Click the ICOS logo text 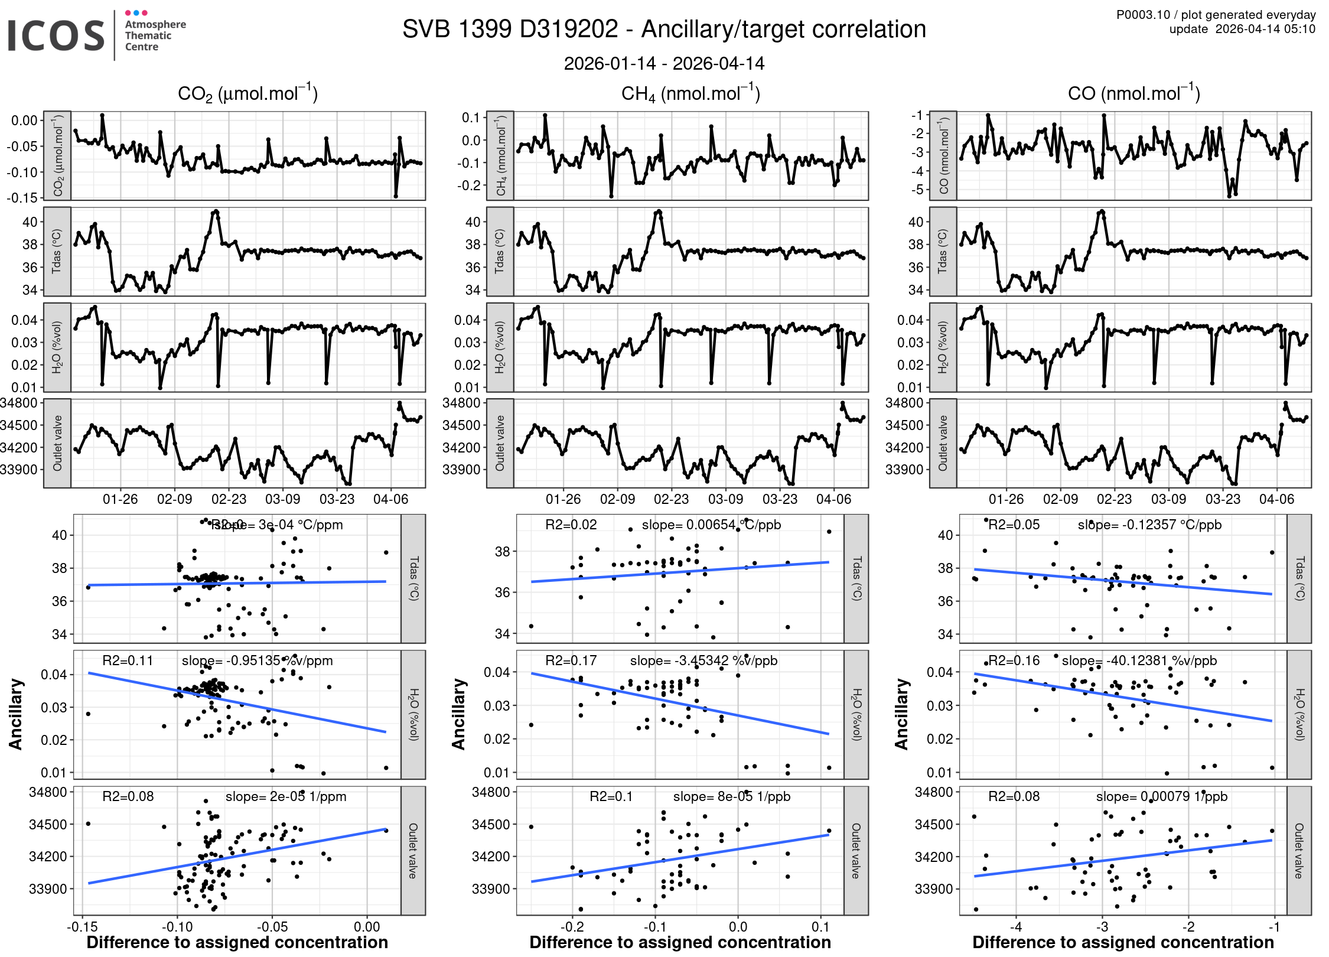click(x=56, y=35)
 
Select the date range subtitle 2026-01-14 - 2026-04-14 click(x=664, y=64)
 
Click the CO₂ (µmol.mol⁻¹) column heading click(x=247, y=93)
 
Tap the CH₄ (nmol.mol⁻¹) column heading click(x=690, y=93)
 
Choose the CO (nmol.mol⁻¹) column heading click(x=1133, y=93)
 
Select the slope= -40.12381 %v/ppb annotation click(x=1139, y=660)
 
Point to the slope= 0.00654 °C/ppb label click(x=711, y=525)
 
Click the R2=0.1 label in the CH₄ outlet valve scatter click(x=611, y=796)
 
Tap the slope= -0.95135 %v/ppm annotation click(x=257, y=660)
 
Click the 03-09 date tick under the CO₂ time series click(x=282, y=499)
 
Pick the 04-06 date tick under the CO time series click(x=1276, y=499)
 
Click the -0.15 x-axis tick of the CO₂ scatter click(x=82, y=927)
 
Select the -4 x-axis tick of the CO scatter click(x=1015, y=927)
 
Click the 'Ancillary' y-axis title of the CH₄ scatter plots click(x=458, y=714)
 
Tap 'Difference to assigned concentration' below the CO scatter click(x=1123, y=942)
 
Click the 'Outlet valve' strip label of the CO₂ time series click(x=57, y=443)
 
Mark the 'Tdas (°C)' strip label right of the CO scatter click(x=1299, y=578)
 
